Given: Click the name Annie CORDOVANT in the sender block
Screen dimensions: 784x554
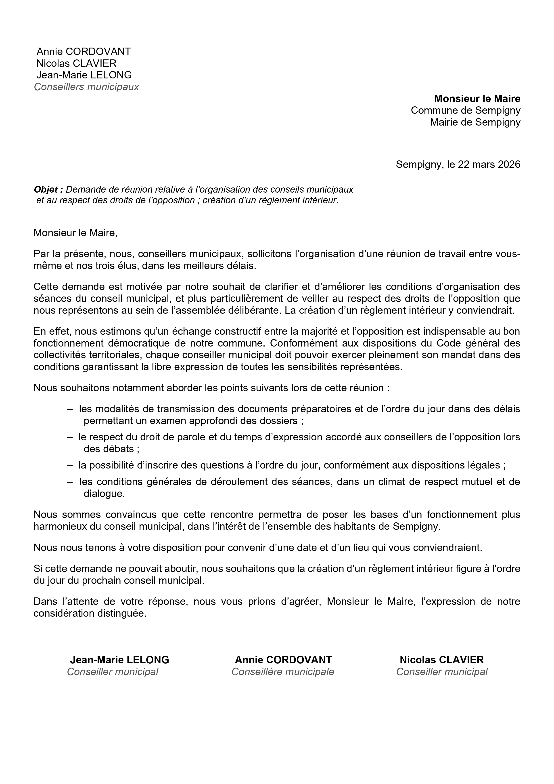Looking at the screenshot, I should [84, 52].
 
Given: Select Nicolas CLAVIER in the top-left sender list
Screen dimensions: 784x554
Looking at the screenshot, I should [76, 63].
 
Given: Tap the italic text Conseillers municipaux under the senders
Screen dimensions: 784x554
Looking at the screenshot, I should [86, 87].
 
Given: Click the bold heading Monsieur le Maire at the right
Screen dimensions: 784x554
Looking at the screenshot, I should [477, 99].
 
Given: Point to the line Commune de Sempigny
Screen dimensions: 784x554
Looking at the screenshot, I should [465, 110].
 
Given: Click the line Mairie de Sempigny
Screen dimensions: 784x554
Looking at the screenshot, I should [475, 122].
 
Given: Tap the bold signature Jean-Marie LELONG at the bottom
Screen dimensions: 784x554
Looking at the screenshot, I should [119, 660].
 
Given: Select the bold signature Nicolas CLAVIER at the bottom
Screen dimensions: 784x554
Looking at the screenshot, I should [441, 660].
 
